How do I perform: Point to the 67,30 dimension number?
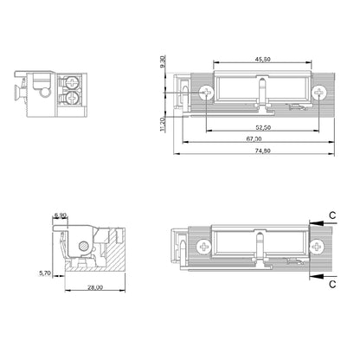[x=254, y=138]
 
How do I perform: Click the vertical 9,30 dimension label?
[x=162, y=62]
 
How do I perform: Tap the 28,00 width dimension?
[x=94, y=287]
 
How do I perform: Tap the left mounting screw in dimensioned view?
[x=205, y=92]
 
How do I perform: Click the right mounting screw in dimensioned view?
[x=320, y=92]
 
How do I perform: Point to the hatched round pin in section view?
[x=79, y=247]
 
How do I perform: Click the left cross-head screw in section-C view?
[x=205, y=247]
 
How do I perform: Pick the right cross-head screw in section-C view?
[x=320, y=247]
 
